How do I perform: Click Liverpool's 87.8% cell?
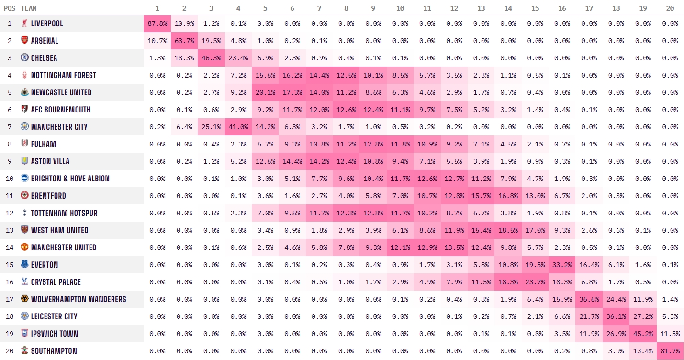click(157, 23)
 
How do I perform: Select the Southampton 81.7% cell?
click(670, 351)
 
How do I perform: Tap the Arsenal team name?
click(45, 41)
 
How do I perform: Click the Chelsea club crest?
click(24, 58)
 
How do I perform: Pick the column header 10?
click(400, 8)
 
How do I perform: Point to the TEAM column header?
click(29, 8)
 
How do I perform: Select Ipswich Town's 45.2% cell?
click(643, 334)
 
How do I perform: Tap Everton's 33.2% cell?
click(562, 265)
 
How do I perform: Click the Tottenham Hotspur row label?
click(64, 213)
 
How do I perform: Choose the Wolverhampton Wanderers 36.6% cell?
click(589, 299)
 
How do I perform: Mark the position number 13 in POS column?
click(10, 230)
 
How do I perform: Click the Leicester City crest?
click(24, 316)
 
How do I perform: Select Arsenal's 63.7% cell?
click(184, 41)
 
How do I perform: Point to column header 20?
click(670, 8)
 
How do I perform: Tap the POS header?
click(10, 8)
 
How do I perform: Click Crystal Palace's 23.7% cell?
click(535, 282)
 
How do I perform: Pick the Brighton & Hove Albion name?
click(70, 179)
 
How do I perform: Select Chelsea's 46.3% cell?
click(211, 58)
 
